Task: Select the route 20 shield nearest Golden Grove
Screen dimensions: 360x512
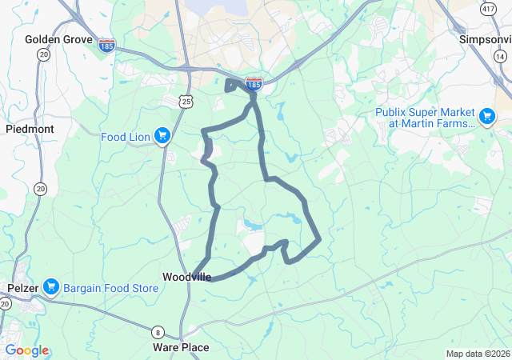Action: tap(42, 54)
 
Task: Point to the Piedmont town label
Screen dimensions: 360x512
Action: tap(30, 128)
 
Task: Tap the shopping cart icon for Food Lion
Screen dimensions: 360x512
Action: tap(162, 136)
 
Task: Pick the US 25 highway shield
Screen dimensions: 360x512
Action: tap(186, 100)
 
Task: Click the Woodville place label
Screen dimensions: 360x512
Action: tap(187, 277)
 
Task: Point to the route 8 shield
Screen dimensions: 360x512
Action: tap(158, 332)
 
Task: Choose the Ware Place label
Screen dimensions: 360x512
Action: tap(181, 347)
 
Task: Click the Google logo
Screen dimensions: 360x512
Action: tap(26, 350)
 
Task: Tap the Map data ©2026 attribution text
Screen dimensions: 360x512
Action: tap(478, 354)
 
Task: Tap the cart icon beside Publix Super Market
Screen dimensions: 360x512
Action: tap(486, 118)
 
